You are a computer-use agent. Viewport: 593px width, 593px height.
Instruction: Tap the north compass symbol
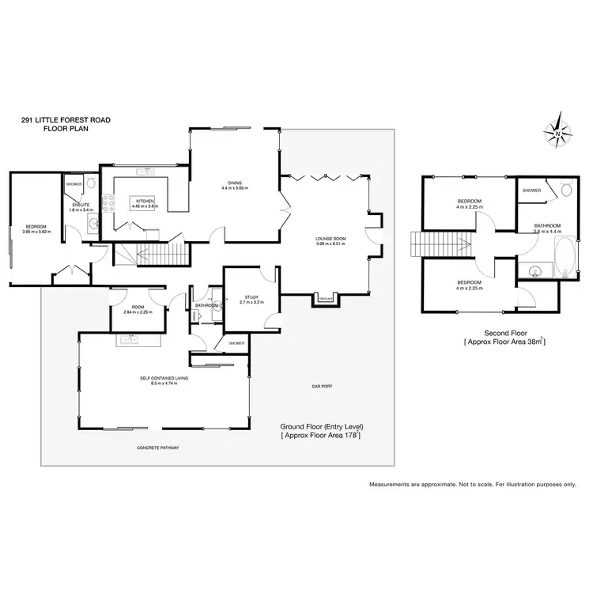[559, 134]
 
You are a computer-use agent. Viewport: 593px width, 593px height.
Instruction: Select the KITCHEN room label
[145, 202]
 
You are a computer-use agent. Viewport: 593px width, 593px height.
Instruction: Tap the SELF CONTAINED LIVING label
[164, 379]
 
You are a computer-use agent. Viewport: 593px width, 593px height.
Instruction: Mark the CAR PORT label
[321, 386]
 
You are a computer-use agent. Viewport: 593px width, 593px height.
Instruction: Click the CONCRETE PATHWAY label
[157, 448]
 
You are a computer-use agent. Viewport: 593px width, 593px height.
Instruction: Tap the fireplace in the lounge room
[325, 298]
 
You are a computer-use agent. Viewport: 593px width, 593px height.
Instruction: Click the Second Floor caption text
[505, 334]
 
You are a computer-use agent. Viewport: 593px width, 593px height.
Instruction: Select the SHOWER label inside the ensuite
[74, 183]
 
